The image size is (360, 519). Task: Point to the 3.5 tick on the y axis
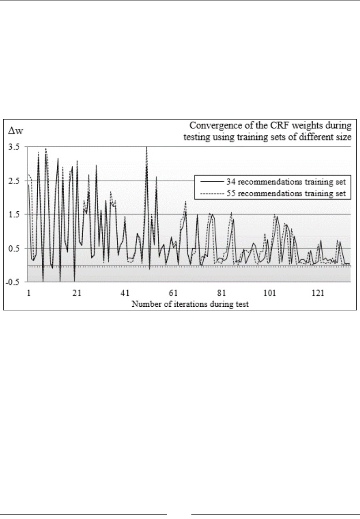click(x=14, y=147)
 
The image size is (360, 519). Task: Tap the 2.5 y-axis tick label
click(x=14, y=181)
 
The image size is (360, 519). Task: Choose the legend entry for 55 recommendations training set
click(x=286, y=193)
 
